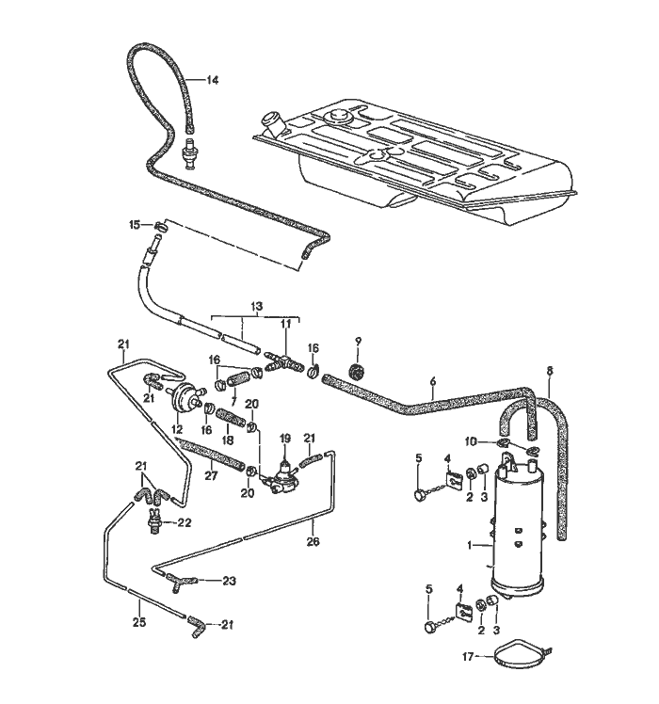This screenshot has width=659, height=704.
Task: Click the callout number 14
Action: click(212, 81)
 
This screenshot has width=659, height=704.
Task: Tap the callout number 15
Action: click(135, 224)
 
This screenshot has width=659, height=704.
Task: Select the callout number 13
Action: click(256, 307)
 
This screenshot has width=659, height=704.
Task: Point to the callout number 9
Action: click(358, 339)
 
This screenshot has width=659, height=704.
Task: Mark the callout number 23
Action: click(229, 581)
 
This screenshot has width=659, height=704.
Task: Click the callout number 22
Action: click(185, 523)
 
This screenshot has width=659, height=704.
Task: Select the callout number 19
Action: click(285, 438)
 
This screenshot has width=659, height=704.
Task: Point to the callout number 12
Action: click(177, 428)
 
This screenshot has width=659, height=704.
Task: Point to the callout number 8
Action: click(551, 370)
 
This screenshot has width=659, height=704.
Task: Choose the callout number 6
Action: click(432, 381)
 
